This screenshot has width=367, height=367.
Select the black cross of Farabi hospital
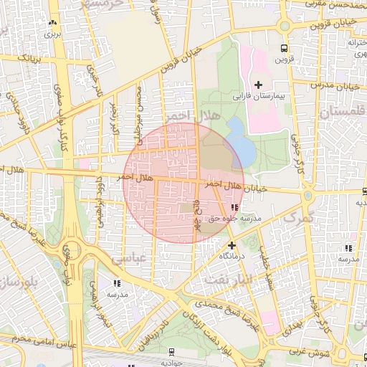pos(259,85)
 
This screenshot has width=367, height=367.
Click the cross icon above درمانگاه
pos(231,245)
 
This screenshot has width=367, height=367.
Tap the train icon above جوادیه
pos(171,351)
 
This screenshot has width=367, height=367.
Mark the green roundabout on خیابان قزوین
pos(285,26)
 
